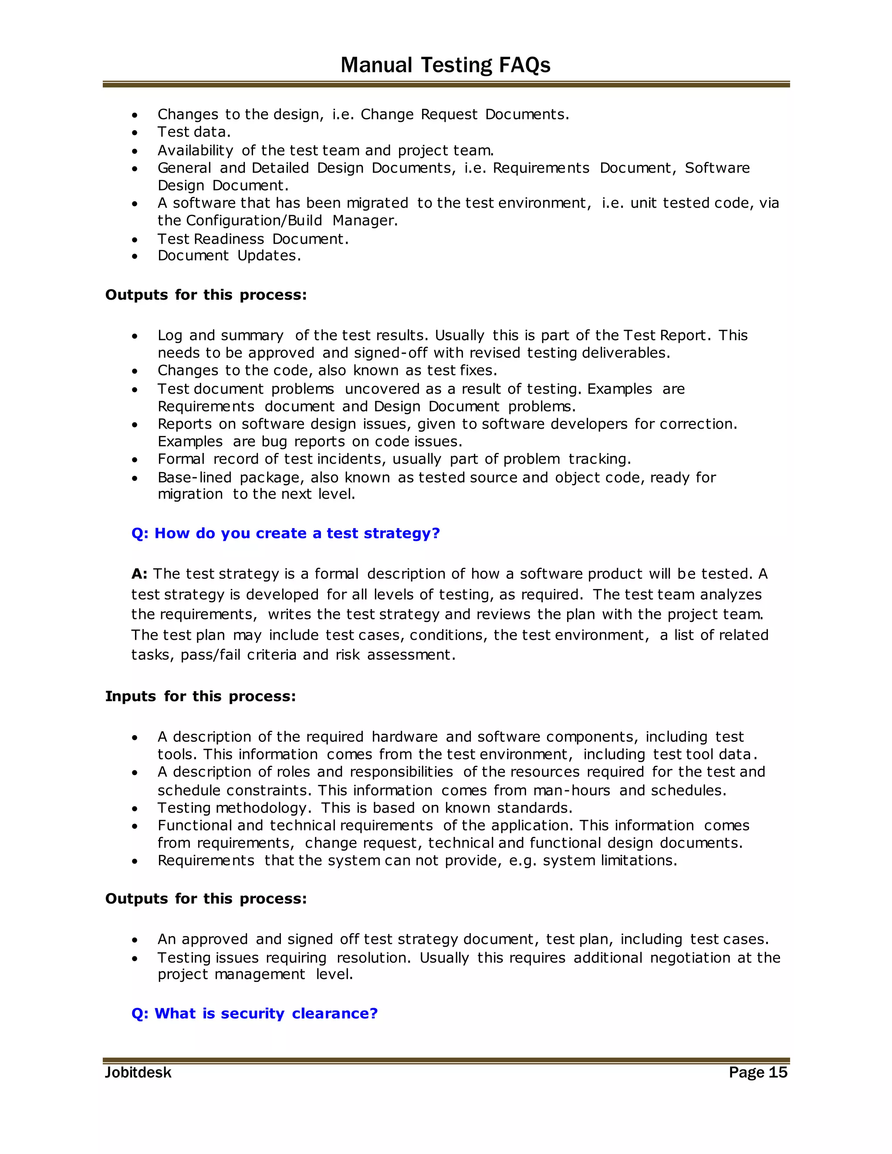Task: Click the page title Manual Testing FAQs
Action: (x=445, y=65)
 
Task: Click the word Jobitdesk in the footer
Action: (x=138, y=1072)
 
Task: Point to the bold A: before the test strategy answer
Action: (x=139, y=574)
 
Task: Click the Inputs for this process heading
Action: (x=200, y=696)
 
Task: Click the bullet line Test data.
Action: (x=194, y=132)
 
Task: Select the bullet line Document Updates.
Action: (x=229, y=256)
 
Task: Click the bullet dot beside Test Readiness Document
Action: (x=135, y=240)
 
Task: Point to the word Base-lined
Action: (x=194, y=477)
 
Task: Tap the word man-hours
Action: (x=572, y=790)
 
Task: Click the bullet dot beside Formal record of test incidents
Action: (x=135, y=460)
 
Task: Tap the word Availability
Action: (x=195, y=151)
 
